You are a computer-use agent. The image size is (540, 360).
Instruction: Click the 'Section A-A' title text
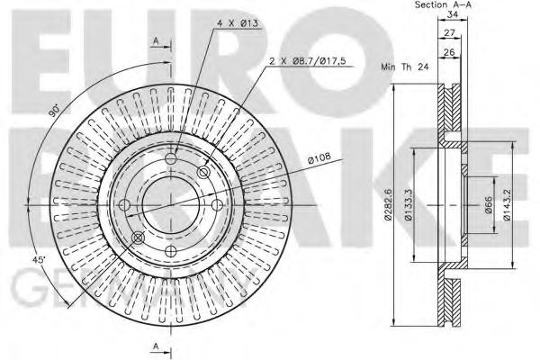coord(445,6)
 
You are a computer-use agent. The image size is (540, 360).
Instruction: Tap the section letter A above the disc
coord(157,42)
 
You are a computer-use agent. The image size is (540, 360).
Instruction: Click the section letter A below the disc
coord(157,346)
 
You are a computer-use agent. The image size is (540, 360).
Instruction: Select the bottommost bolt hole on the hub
coord(170,248)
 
